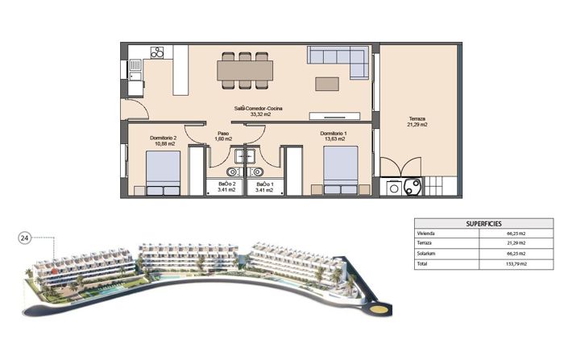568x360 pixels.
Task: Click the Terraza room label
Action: (x=417, y=122)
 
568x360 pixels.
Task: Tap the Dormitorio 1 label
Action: (x=333, y=136)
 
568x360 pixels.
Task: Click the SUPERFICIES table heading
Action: (x=483, y=223)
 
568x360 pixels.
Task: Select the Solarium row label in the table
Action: (x=426, y=253)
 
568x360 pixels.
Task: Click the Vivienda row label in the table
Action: (x=426, y=233)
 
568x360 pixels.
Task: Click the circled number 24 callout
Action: (x=25, y=238)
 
